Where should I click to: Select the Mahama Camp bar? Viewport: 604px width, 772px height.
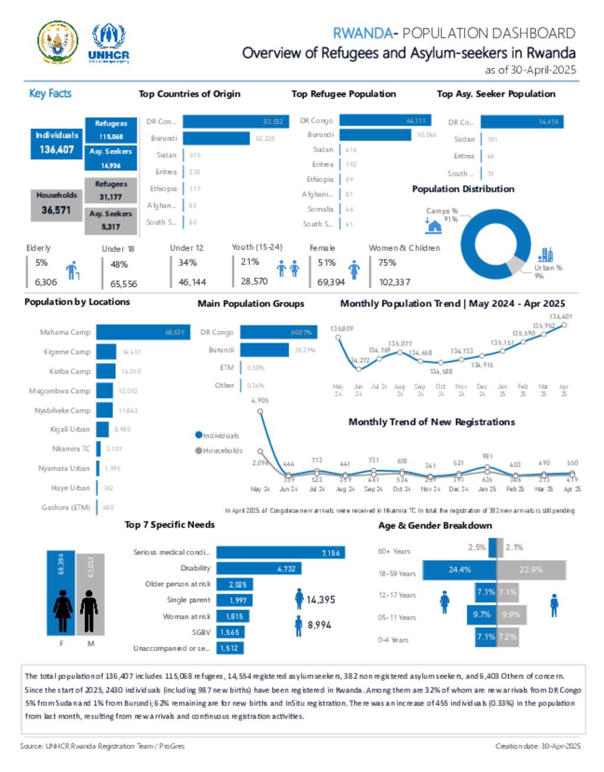pyautogui.click(x=142, y=332)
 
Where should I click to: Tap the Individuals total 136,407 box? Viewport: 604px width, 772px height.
pyautogui.click(x=57, y=143)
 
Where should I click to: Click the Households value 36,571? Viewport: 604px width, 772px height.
pyautogui.click(x=56, y=210)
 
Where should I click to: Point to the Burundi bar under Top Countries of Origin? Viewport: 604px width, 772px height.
pyautogui.click(x=216, y=138)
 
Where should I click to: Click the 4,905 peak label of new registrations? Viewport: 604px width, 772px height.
pyautogui.click(x=260, y=401)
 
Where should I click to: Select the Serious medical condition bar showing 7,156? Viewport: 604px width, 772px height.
pyautogui.click(x=280, y=552)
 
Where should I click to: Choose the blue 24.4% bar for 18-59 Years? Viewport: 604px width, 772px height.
pyautogui.click(x=459, y=570)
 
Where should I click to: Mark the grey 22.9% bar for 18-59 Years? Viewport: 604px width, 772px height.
pyautogui.click(x=531, y=570)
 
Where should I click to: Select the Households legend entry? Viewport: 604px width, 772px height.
pyautogui.click(x=219, y=451)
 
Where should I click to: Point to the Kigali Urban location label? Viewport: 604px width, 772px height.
pyautogui.click(x=70, y=429)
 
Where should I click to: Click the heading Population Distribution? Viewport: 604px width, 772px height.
pyautogui.click(x=463, y=189)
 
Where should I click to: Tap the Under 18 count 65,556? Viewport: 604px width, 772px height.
pyautogui.click(x=124, y=284)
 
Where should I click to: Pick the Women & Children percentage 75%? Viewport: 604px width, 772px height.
pyautogui.click(x=388, y=263)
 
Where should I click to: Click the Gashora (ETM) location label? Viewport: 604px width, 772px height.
pyautogui.click(x=65, y=508)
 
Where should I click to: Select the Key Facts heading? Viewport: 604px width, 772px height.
pyautogui.click(x=50, y=93)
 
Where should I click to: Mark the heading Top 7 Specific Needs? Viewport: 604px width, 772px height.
pyautogui.click(x=169, y=525)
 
